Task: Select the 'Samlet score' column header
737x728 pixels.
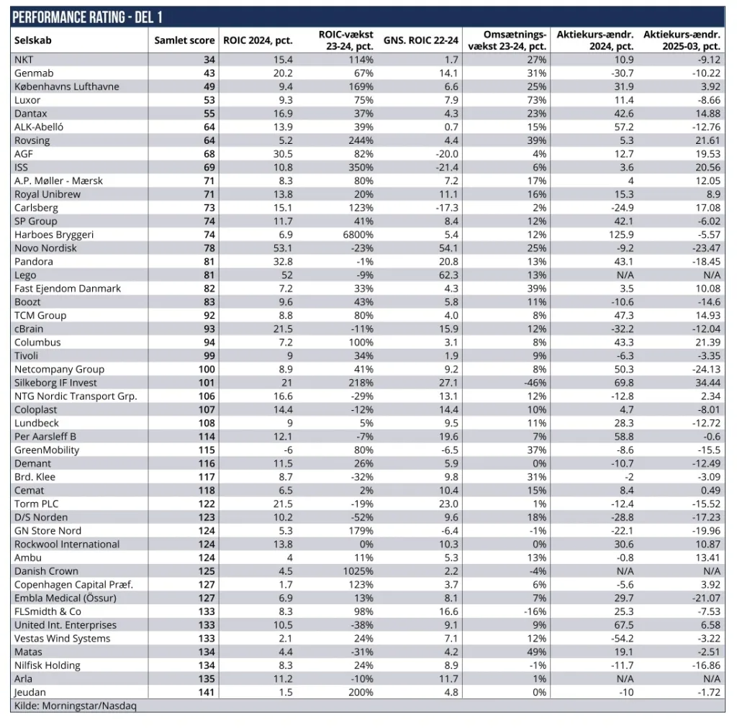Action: tap(184, 40)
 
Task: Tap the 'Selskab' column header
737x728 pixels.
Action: tap(33, 40)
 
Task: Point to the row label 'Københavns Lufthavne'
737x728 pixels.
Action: tap(66, 86)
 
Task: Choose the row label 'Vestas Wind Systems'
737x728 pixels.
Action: tap(63, 638)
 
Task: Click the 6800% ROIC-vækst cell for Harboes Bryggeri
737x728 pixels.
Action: tap(358, 235)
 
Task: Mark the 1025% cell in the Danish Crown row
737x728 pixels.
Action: tap(358, 571)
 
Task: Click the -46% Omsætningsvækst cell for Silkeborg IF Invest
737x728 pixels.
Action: tap(533, 383)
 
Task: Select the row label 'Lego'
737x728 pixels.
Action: tap(25, 275)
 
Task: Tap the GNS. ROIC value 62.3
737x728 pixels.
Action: tap(447, 275)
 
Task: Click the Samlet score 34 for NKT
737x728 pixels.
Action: tap(209, 60)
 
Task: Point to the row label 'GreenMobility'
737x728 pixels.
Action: tap(47, 450)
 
